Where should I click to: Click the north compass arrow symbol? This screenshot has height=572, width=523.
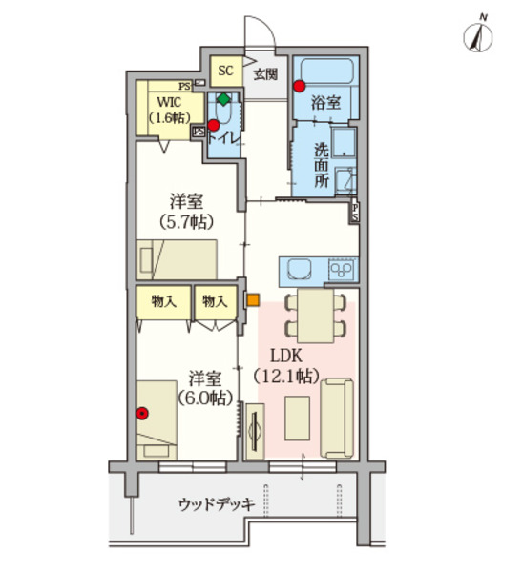[x=477, y=35]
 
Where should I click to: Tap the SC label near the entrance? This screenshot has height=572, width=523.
[x=226, y=71]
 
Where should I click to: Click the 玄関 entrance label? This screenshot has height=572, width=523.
[x=266, y=72]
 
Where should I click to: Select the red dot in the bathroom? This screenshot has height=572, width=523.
[x=300, y=87]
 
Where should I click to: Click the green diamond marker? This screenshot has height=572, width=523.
[x=223, y=99]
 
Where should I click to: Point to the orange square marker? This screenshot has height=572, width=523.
[x=252, y=300]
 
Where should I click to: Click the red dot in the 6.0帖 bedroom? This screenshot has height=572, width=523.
[x=142, y=414]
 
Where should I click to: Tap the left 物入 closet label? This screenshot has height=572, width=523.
[x=164, y=301]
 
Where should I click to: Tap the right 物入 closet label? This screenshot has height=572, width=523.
[x=214, y=301]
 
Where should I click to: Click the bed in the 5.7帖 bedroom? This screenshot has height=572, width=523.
[x=178, y=257]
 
